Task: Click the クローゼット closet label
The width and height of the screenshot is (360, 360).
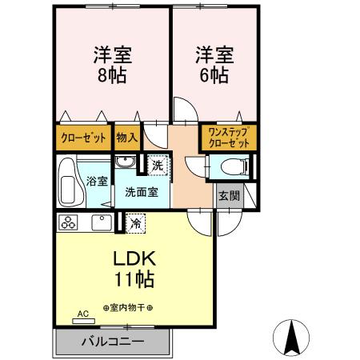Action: point(83,138)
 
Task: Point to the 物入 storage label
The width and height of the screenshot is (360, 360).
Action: point(126,138)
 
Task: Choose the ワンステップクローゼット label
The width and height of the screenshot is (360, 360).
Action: point(228,137)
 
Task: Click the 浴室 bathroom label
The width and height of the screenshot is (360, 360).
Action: point(97,182)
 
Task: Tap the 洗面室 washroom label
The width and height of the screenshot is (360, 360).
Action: point(140,192)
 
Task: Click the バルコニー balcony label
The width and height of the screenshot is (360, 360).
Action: point(112,342)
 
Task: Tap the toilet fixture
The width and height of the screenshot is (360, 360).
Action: point(230,167)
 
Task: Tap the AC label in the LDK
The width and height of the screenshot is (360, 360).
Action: point(81,314)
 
